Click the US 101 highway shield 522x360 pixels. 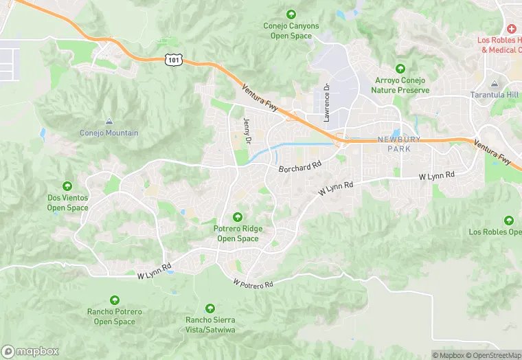point(173,60)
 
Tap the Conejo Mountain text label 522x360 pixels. point(109,133)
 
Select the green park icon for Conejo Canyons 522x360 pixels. point(291,14)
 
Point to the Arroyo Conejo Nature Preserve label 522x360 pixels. point(400,85)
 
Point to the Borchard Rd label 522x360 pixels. point(300,167)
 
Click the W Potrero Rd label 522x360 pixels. point(253,283)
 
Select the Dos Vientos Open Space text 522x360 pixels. point(67,203)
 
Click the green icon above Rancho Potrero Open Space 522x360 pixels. point(115,300)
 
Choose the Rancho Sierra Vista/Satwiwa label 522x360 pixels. point(210,324)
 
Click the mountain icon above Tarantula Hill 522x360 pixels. point(494,83)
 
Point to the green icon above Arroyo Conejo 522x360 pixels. point(400,69)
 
